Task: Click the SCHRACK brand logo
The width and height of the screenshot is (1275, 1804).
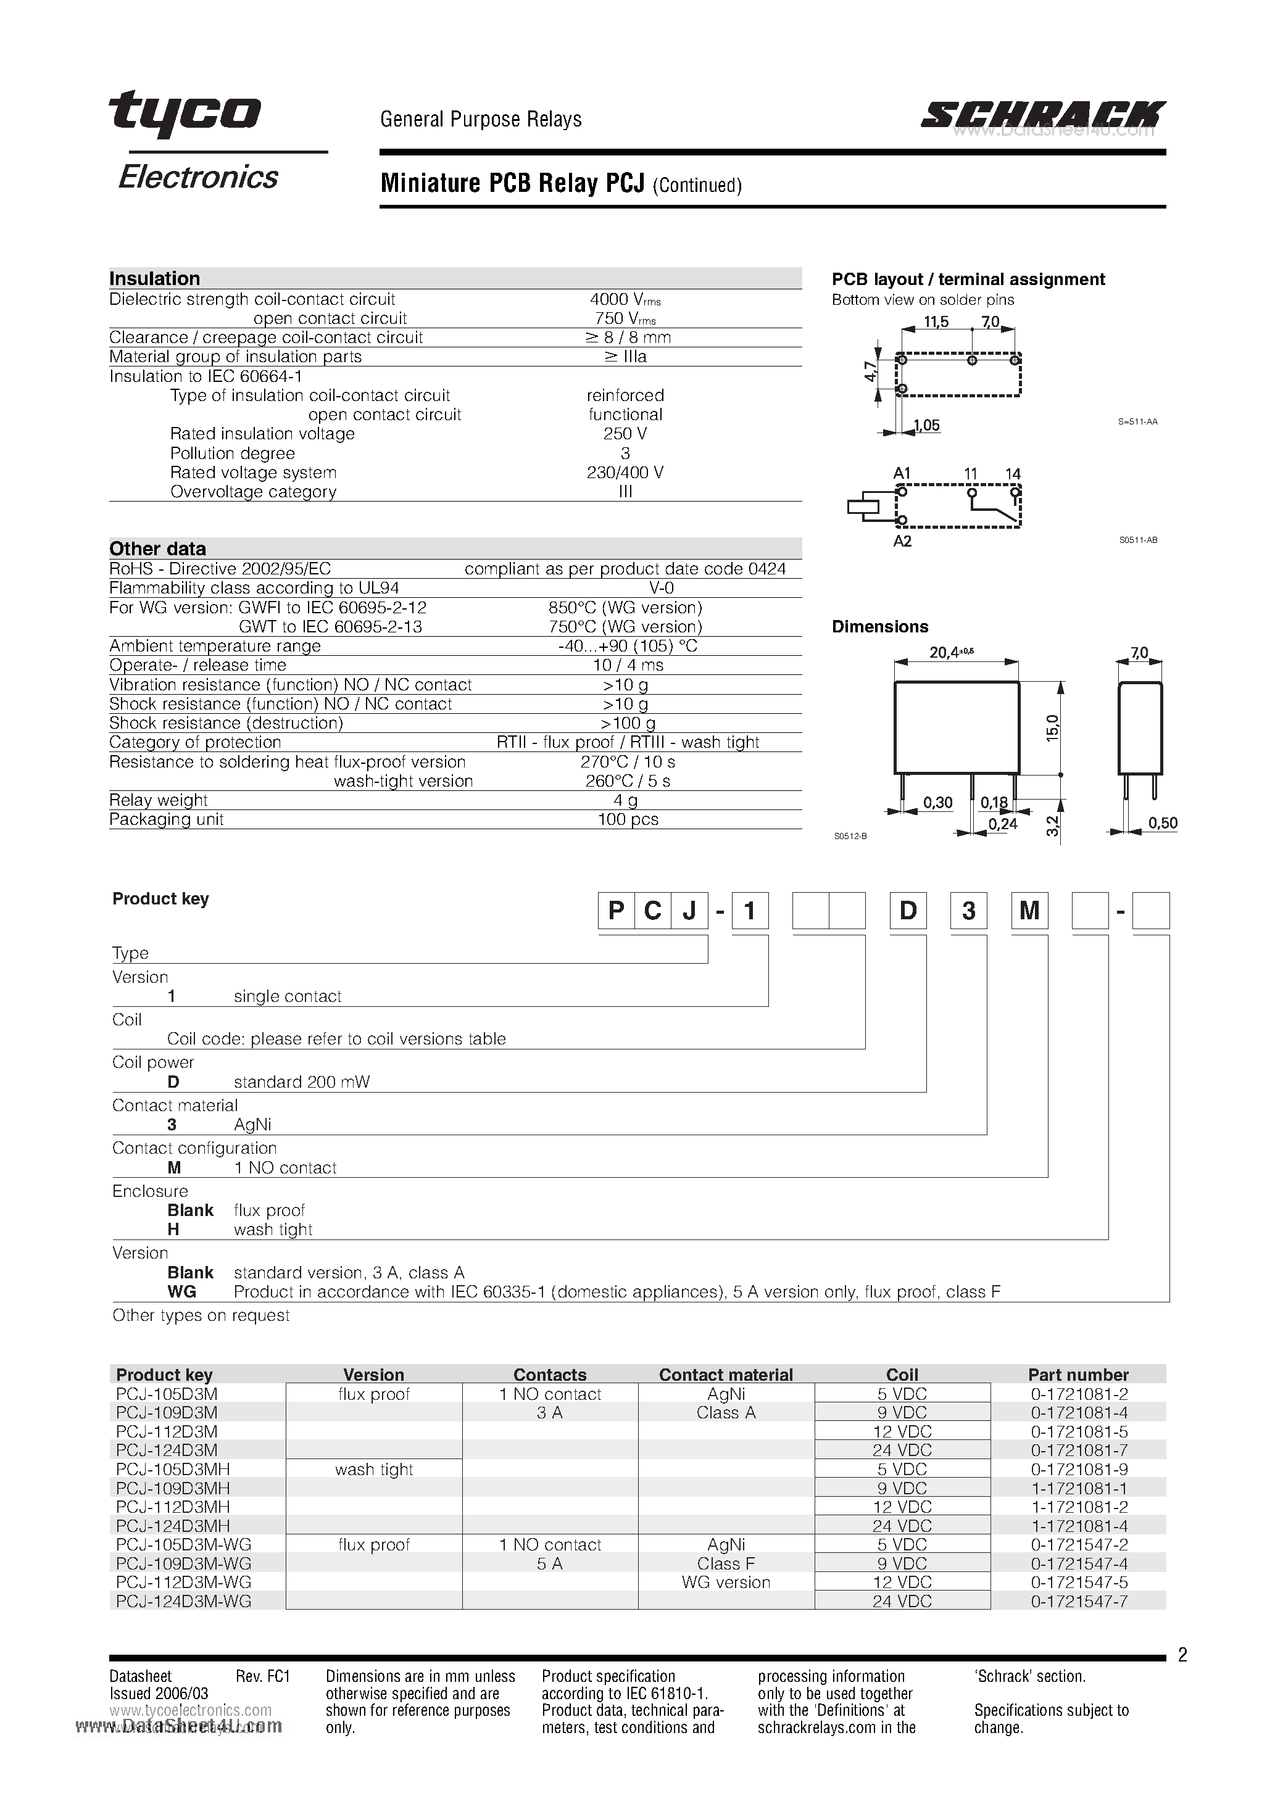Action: coord(1043,115)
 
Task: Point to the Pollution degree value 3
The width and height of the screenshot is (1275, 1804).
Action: coord(625,453)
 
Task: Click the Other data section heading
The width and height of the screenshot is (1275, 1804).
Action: coord(157,548)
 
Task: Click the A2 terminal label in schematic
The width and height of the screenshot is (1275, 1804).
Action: coord(902,541)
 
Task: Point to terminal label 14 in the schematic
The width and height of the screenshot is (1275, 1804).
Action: coord(1013,474)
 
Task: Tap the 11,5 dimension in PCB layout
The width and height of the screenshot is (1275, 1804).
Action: coord(936,322)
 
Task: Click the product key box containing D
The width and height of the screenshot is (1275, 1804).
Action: coord(908,911)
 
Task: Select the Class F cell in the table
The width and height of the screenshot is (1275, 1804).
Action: coord(726,1563)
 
